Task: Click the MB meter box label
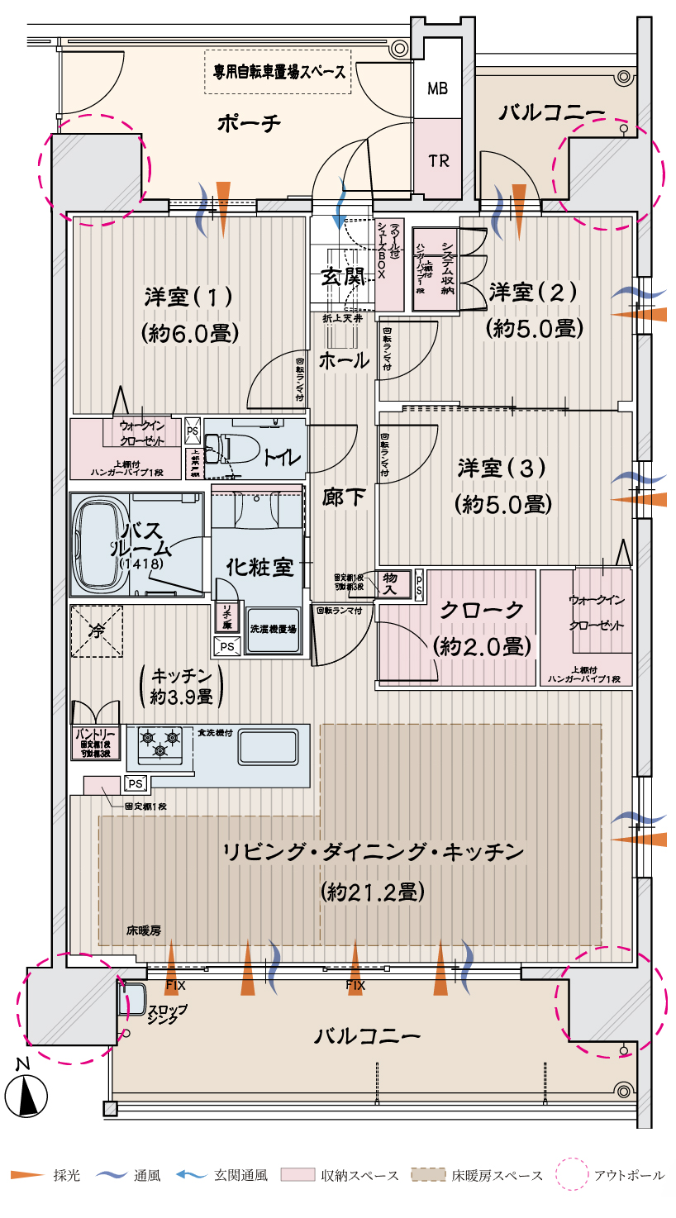[x=437, y=88]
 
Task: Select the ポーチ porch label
[x=249, y=123]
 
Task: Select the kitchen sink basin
[x=269, y=748]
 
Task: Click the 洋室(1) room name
[x=189, y=295]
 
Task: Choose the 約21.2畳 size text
[x=372, y=892]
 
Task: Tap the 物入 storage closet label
[x=391, y=584]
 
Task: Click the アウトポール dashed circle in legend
[x=570, y=1174]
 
